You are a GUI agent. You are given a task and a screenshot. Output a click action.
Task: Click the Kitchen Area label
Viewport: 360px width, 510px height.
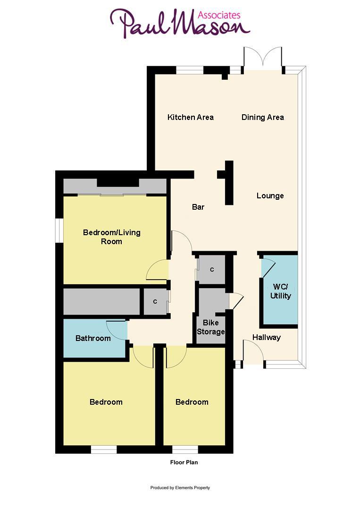coord(191,117)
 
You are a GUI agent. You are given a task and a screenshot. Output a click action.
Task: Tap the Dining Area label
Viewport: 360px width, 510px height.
coord(263,117)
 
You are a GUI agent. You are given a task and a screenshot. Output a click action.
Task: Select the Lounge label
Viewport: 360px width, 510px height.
coord(270,195)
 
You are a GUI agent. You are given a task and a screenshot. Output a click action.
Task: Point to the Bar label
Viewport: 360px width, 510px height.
coord(198,207)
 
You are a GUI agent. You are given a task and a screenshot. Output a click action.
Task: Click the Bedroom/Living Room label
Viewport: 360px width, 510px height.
coord(112,237)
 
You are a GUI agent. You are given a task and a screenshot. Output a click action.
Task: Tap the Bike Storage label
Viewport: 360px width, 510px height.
coord(211,327)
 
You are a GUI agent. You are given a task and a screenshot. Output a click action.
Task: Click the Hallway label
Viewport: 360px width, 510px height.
coord(266,337)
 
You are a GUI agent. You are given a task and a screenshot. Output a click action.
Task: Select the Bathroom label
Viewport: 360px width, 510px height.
coord(93,338)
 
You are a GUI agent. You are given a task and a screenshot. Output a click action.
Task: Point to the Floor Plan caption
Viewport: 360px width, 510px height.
coord(184,462)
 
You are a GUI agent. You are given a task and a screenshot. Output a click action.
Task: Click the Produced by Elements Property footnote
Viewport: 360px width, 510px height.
coord(180,488)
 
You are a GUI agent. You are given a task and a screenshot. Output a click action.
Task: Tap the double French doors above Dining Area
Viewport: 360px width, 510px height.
coord(263,59)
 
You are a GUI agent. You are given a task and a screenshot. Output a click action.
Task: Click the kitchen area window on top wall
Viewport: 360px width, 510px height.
coord(190,70)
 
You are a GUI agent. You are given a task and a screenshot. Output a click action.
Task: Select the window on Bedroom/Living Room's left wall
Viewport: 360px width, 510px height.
coord(59,230)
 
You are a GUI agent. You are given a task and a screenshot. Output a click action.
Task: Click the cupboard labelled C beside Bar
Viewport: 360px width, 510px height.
coord(212,270)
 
